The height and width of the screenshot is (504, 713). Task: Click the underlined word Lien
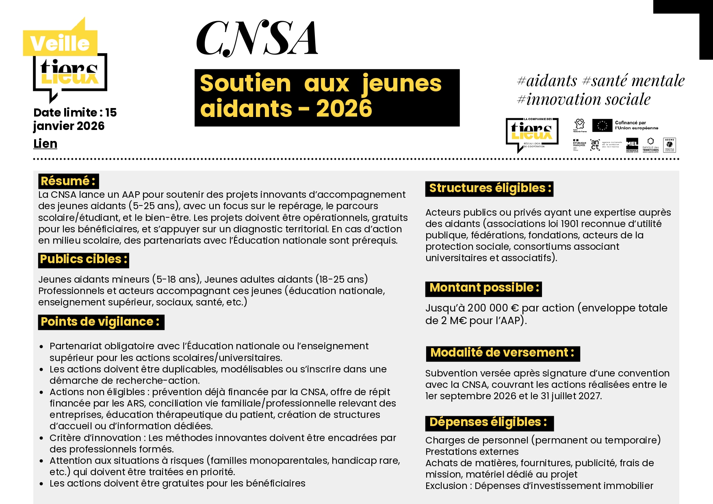click(x=45, y=144)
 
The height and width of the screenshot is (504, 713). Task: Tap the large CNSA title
click(x=257, y=38)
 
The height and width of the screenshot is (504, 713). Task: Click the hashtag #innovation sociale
click(x=583, y=100)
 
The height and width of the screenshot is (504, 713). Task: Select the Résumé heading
click(x=68, y=181)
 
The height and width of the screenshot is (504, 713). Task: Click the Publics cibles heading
click(x=83, y=260)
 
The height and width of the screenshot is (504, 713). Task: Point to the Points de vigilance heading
click(x=101, y=322)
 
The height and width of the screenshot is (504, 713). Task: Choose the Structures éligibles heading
click(x=490, y=188)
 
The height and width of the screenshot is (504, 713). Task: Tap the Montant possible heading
click(x=484, y=288)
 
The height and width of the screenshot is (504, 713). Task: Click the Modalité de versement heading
click(x=502, y=353)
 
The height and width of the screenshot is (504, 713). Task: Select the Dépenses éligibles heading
click(x=489, y=422)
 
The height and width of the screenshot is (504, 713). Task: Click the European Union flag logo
click(x=602, y=125)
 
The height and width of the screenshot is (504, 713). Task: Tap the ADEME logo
click(x=669, y=145)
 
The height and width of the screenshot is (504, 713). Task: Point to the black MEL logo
click(x=632, y=145)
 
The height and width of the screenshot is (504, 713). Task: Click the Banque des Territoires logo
click(x=650, y=145)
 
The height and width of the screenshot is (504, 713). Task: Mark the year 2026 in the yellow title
click(x=344, y=109)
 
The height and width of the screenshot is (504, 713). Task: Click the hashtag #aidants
click(x=547, y=81)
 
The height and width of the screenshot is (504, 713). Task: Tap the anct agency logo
click(x=595, y=145)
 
